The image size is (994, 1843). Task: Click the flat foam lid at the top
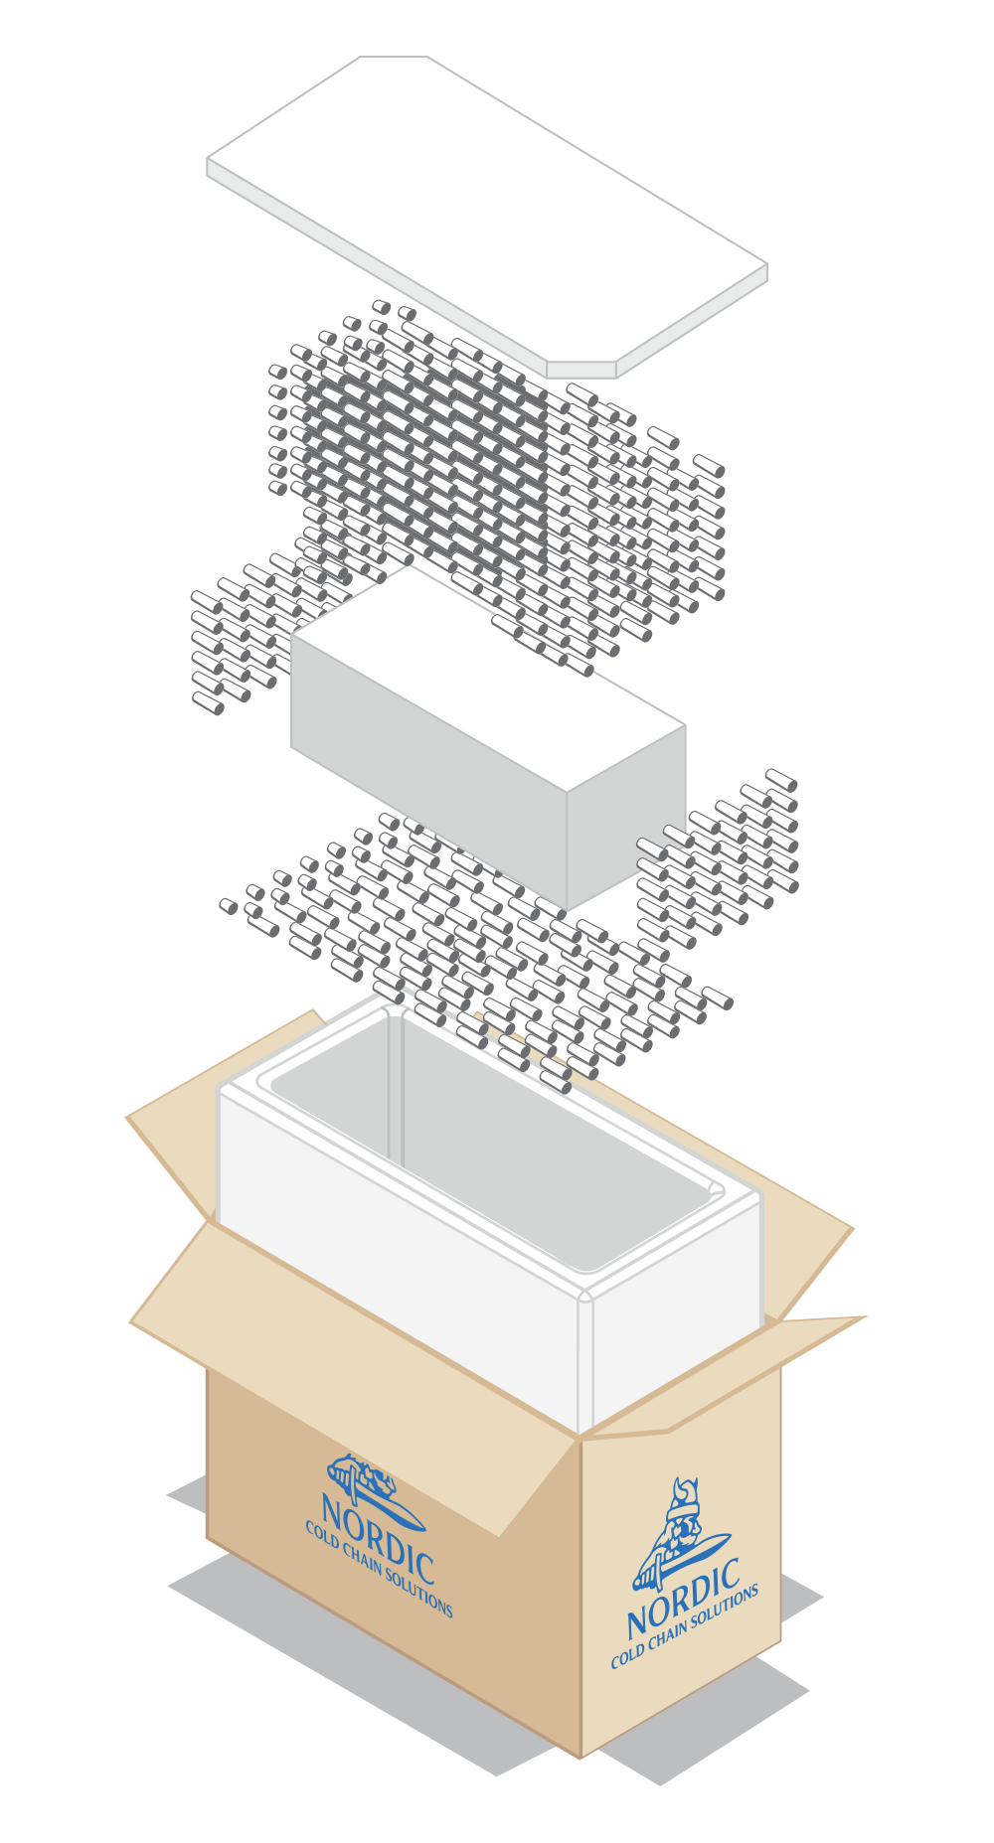point(487,214)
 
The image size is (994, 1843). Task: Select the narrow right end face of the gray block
point(626,817)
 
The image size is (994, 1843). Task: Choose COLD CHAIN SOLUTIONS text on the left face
point(379,1569)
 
